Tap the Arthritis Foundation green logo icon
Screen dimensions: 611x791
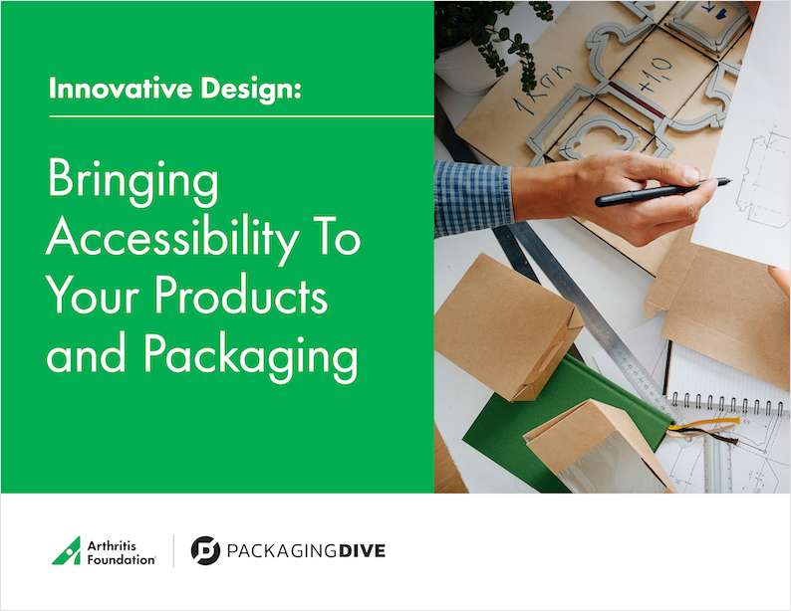tap(66, 550)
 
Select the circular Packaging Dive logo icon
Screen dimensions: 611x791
tap(205, 550)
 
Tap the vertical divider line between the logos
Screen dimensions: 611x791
tap(174, 550)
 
